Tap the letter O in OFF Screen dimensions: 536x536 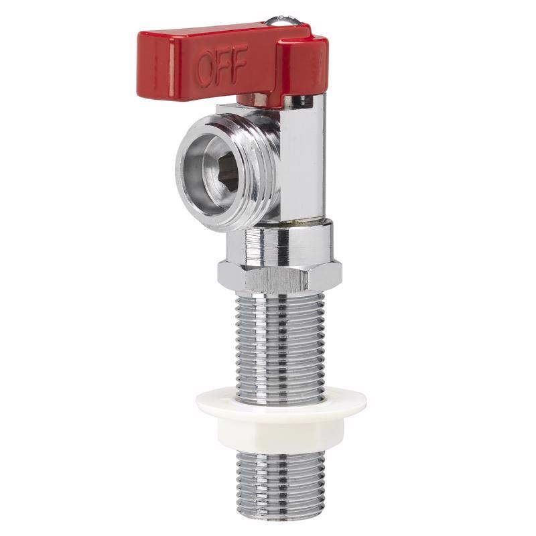[x=206, y=69]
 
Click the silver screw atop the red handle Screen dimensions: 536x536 [x=283, y=21]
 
